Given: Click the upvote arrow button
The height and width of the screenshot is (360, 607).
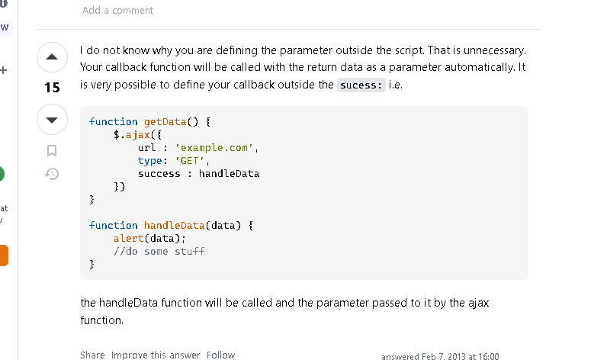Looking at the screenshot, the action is point(53,57).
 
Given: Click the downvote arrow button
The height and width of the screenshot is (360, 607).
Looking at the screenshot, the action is point(53,120).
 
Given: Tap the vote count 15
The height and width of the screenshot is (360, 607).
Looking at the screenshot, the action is point(53,88).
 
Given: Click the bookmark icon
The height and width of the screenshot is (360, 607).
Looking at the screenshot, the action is point(52,150).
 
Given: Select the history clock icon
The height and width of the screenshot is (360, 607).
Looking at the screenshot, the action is point(52,174).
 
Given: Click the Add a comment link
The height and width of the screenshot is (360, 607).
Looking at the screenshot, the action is point(117,11).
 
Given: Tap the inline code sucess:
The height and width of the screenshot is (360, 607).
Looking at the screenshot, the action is point(361,85).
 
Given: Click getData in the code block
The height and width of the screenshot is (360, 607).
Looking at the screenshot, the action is point(165,121).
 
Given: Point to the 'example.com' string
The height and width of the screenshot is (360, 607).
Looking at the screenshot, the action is point(214,147).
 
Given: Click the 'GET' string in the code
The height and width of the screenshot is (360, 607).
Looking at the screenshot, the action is point(190,160).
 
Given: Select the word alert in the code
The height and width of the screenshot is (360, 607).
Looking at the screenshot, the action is point(129,238).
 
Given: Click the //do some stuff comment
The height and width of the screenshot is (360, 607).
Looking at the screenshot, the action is point(159,251).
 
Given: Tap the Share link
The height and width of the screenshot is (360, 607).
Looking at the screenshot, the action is point(92,355).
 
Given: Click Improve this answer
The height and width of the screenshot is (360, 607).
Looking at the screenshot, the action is point(156,355).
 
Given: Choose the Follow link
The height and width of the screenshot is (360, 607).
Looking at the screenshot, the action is point(220,355).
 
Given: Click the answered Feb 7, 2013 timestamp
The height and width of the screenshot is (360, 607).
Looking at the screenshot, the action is point(440,356).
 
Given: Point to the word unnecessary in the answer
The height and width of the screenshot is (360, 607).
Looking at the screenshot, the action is point(495,50).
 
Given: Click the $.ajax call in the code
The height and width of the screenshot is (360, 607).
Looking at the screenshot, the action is point(132,135).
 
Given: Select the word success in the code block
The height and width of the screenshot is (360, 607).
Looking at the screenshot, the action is point(159,173).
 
